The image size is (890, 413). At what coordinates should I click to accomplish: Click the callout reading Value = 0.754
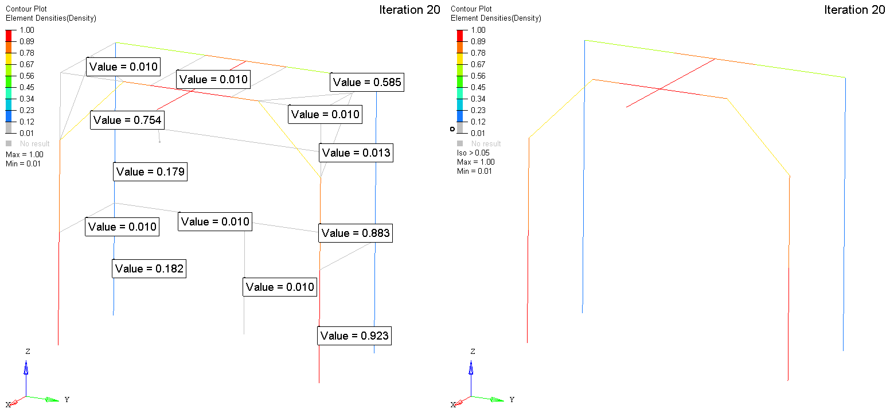pos(127,120)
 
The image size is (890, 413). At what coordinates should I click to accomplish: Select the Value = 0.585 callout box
pos(367,83)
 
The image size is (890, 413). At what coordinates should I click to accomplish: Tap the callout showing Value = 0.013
pos(356,153)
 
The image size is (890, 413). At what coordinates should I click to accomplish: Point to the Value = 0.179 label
pos(150,172)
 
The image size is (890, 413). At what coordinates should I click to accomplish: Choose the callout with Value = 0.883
pos(356,233)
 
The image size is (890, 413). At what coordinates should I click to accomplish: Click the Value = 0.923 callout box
pos(354,336)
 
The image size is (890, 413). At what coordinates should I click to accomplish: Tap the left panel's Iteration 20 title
pos(409,10)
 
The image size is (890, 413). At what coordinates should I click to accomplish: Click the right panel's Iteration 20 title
pos(854,10)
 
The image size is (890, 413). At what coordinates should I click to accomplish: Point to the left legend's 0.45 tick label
pos(27,87)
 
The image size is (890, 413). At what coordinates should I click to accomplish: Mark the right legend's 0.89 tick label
pos(478,41)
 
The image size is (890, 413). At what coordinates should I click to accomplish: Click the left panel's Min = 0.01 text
pos(23,163)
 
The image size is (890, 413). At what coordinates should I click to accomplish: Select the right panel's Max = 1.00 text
pos(475,162)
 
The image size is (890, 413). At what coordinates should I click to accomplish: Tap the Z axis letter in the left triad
pos(28,351)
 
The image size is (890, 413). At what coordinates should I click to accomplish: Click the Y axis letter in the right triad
pos(512,399)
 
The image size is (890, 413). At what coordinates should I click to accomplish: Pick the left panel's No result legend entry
pos(32,143)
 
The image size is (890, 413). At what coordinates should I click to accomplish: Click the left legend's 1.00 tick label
pos(27,30)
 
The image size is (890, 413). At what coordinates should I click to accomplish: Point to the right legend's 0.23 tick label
pos(478,110)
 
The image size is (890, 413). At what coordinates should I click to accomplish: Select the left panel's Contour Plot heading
pos(26,9)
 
